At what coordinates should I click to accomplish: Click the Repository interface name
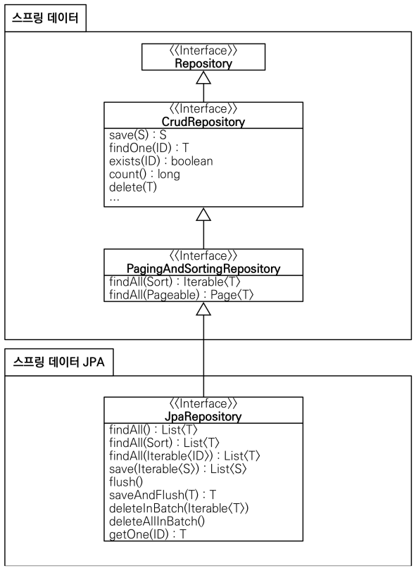click(203, 63)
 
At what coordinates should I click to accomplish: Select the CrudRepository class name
click(203, 122)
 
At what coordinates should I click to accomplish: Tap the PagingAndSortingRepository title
click(203, 269)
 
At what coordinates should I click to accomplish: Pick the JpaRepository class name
click(203, 416)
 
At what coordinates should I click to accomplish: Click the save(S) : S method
click(138, 135)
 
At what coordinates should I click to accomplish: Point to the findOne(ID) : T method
click(149, 148)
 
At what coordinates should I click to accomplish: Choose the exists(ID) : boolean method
click(161, 161)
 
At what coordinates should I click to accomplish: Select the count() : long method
click(144, 175)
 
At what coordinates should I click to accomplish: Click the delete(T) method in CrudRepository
click(133, 187)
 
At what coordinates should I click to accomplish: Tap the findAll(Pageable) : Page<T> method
click(181, 295)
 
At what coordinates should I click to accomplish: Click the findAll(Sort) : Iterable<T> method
click(175, 282)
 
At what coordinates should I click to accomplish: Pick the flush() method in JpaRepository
click(126, 482)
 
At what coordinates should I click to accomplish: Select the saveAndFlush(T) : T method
click(163, 495)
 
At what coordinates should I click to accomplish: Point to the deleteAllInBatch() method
click(157, 522)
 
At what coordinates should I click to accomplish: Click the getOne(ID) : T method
click(148, 534)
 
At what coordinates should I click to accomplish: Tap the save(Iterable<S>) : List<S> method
click(178, 469)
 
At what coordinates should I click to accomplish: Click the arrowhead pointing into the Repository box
click(203, 77)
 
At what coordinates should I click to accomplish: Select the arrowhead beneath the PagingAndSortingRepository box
click(203, 308)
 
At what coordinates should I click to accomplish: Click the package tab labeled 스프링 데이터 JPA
click(58, 362)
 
